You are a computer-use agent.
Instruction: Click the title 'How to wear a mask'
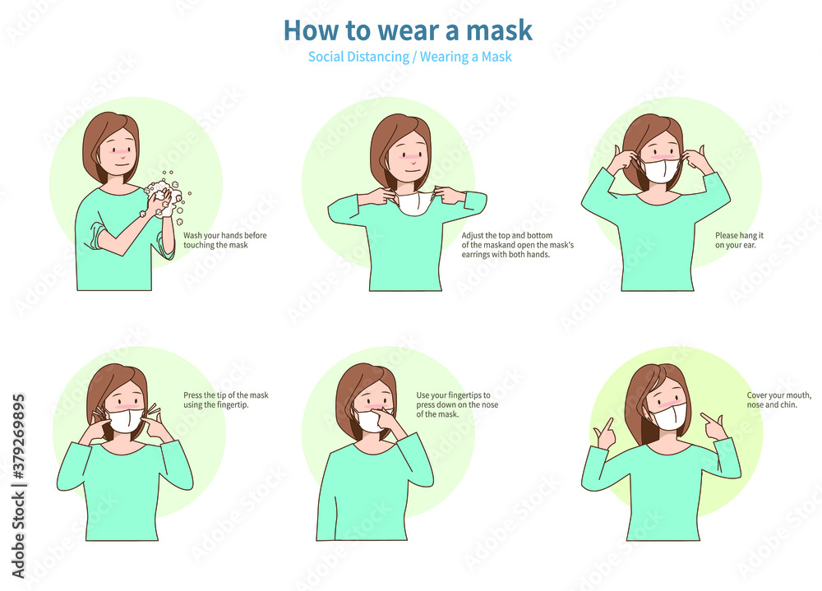click(x=408, y=30)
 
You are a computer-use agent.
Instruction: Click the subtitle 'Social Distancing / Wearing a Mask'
click(x=410, y=57)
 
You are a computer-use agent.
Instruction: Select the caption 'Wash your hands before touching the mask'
click(x=225, y=240)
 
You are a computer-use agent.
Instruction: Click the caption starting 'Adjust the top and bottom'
click(x=517, y=245)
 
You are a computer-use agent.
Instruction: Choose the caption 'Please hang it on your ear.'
click(x=739, y=240)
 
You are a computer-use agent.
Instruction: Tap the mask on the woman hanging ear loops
click(x=661, y=170)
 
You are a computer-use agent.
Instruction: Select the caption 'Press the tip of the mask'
click(x=225, y=399)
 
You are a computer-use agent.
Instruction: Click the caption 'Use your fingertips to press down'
click(x=457, y=404)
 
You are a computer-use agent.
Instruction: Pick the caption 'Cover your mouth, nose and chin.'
click(x=779, y=399)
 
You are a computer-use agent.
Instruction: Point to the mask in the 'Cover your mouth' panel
click(x=667, y=415)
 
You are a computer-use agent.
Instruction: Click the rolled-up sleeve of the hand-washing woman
click(x=98, y=236)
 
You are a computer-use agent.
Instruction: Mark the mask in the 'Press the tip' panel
click(x=125, y=419)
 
